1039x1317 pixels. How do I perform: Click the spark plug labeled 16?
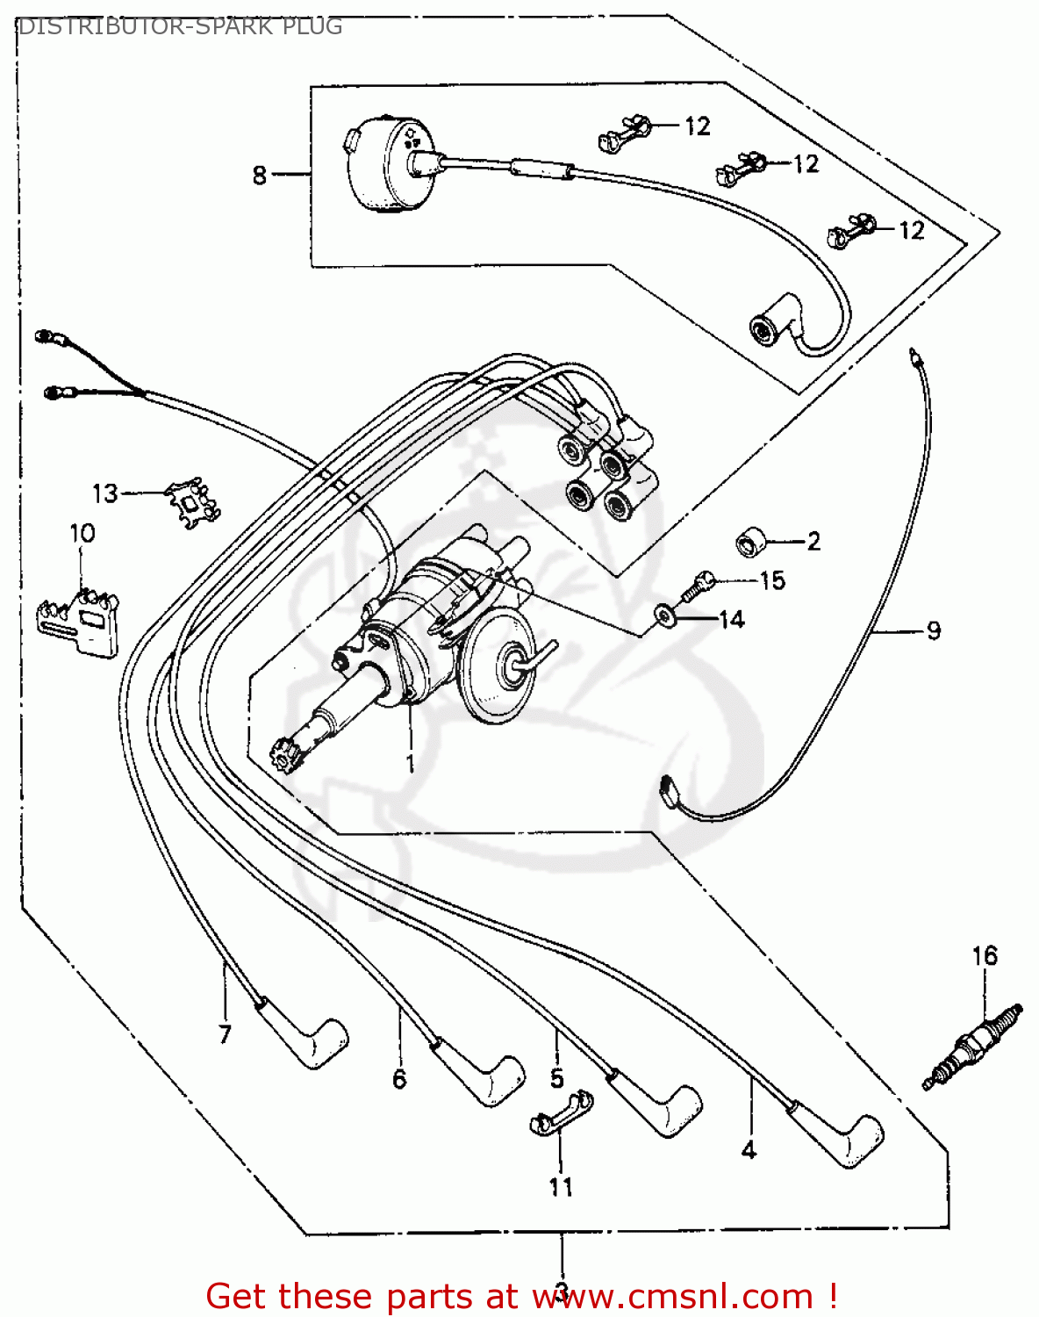pos(972,1047)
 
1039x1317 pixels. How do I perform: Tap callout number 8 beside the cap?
pos(259,175)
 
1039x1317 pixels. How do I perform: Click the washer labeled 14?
pos(664,617)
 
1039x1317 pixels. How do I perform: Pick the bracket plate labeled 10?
pos(79,620)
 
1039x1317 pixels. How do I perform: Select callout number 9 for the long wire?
pos(933,630)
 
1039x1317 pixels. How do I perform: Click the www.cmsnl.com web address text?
pos(672,1296)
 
